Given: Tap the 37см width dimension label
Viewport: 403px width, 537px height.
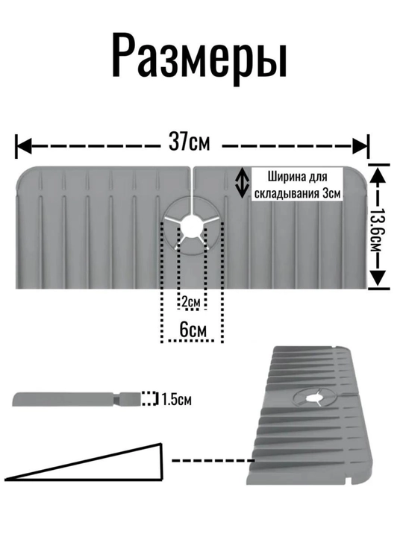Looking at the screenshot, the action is click(189, 142).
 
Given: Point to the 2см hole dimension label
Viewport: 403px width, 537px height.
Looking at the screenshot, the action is click(190, 302).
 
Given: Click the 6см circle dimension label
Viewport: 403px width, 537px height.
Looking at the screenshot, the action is click(193, 330).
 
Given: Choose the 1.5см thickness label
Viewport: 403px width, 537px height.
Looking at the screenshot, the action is click(176, 399).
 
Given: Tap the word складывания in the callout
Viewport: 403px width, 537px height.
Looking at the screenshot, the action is click(287, 194).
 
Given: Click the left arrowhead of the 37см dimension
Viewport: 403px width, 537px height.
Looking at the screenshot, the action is click(25, 147).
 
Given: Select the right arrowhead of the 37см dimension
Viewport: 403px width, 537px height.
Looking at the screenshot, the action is click(360, 147).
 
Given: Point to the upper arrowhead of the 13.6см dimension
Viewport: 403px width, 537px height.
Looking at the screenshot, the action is click(378, 175).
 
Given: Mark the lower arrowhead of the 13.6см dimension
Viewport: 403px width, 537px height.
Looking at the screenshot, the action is click(378, 277).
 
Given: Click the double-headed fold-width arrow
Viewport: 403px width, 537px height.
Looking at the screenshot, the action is click(242, 182).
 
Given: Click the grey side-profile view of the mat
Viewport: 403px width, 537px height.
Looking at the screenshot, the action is click(77, 399).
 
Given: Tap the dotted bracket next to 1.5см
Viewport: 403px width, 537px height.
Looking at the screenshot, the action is click(150, 398).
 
